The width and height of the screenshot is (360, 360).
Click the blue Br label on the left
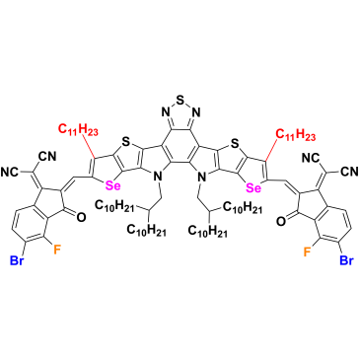point(18,260)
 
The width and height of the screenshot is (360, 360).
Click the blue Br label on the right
point(346,260)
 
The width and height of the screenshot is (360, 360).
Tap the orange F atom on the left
point(57,250)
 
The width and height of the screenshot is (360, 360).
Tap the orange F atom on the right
point(308,252)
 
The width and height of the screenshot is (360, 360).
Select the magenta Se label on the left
point(112,186)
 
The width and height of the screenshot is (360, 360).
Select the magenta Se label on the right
point(254,188)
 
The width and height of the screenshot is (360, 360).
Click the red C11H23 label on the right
point(296,134)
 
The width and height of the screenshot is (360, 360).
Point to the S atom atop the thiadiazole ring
point(180,99)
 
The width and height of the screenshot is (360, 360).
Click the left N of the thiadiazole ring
point(166,112)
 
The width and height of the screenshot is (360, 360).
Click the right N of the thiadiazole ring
point(196,112)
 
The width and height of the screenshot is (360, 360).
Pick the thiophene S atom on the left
point(124,142)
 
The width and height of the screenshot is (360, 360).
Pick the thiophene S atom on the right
point(234,144)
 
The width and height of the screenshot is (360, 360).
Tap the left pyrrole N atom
point(159,178)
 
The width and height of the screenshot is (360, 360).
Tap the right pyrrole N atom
point(202,178)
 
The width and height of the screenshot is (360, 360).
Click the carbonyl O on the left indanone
point(81,217)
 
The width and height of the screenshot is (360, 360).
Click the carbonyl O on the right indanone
point(281,221)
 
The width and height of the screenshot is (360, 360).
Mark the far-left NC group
point(11,171)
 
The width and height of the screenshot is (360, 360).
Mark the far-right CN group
point(350,171)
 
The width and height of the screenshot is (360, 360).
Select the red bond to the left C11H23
point(88,147)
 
